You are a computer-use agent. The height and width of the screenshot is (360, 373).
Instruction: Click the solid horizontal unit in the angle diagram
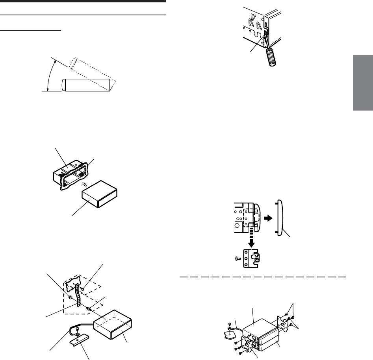(x=85, y=85)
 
